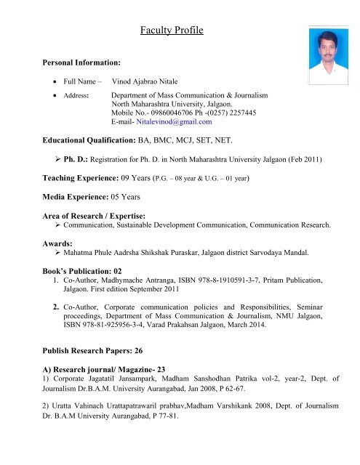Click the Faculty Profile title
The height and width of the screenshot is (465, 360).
coord(172,31)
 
